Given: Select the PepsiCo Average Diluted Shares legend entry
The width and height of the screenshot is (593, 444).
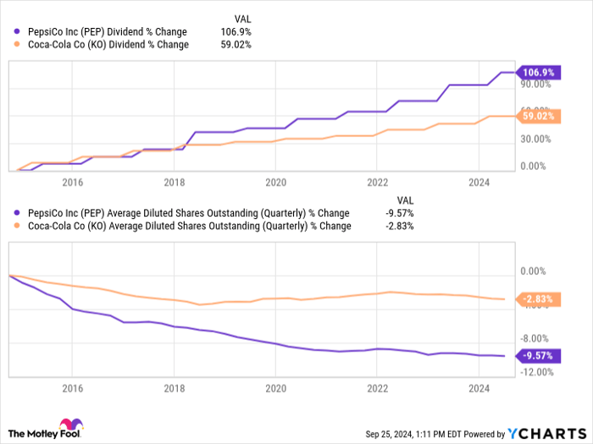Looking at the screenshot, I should pos(186,213).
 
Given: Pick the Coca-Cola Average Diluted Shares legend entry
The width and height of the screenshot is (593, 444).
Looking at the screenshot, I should pos(186,226).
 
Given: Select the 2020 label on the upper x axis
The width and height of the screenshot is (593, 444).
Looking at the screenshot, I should pos(275,182).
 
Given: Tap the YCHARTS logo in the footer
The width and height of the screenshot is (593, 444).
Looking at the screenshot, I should pos(546,433).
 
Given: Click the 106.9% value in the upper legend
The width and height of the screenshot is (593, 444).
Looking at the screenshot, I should pos(235,32).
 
